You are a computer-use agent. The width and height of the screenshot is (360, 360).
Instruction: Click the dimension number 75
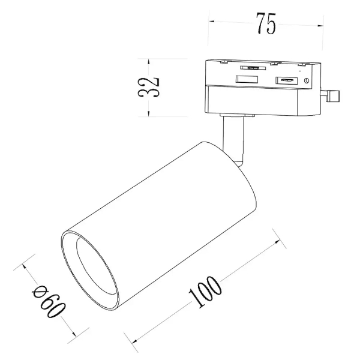click(x=266, y=23)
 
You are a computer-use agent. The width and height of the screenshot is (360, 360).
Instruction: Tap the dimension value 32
click(x=148, y=88)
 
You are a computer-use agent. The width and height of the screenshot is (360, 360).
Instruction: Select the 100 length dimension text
click(x=205, y=292)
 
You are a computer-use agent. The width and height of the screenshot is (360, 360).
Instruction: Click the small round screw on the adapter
click(x=306, y=80)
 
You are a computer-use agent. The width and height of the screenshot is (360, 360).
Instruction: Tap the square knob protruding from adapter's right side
click(x=333, y=96)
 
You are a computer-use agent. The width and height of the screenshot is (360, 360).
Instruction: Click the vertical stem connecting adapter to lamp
click(x=233, y=140)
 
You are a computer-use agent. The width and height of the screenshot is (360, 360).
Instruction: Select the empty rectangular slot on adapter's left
click(x=247, y=79)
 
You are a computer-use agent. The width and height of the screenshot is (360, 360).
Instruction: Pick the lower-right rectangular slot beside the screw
click(x=287, y=80)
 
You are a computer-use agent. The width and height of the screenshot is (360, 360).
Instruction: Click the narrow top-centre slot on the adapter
click(x=253, y=68)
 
